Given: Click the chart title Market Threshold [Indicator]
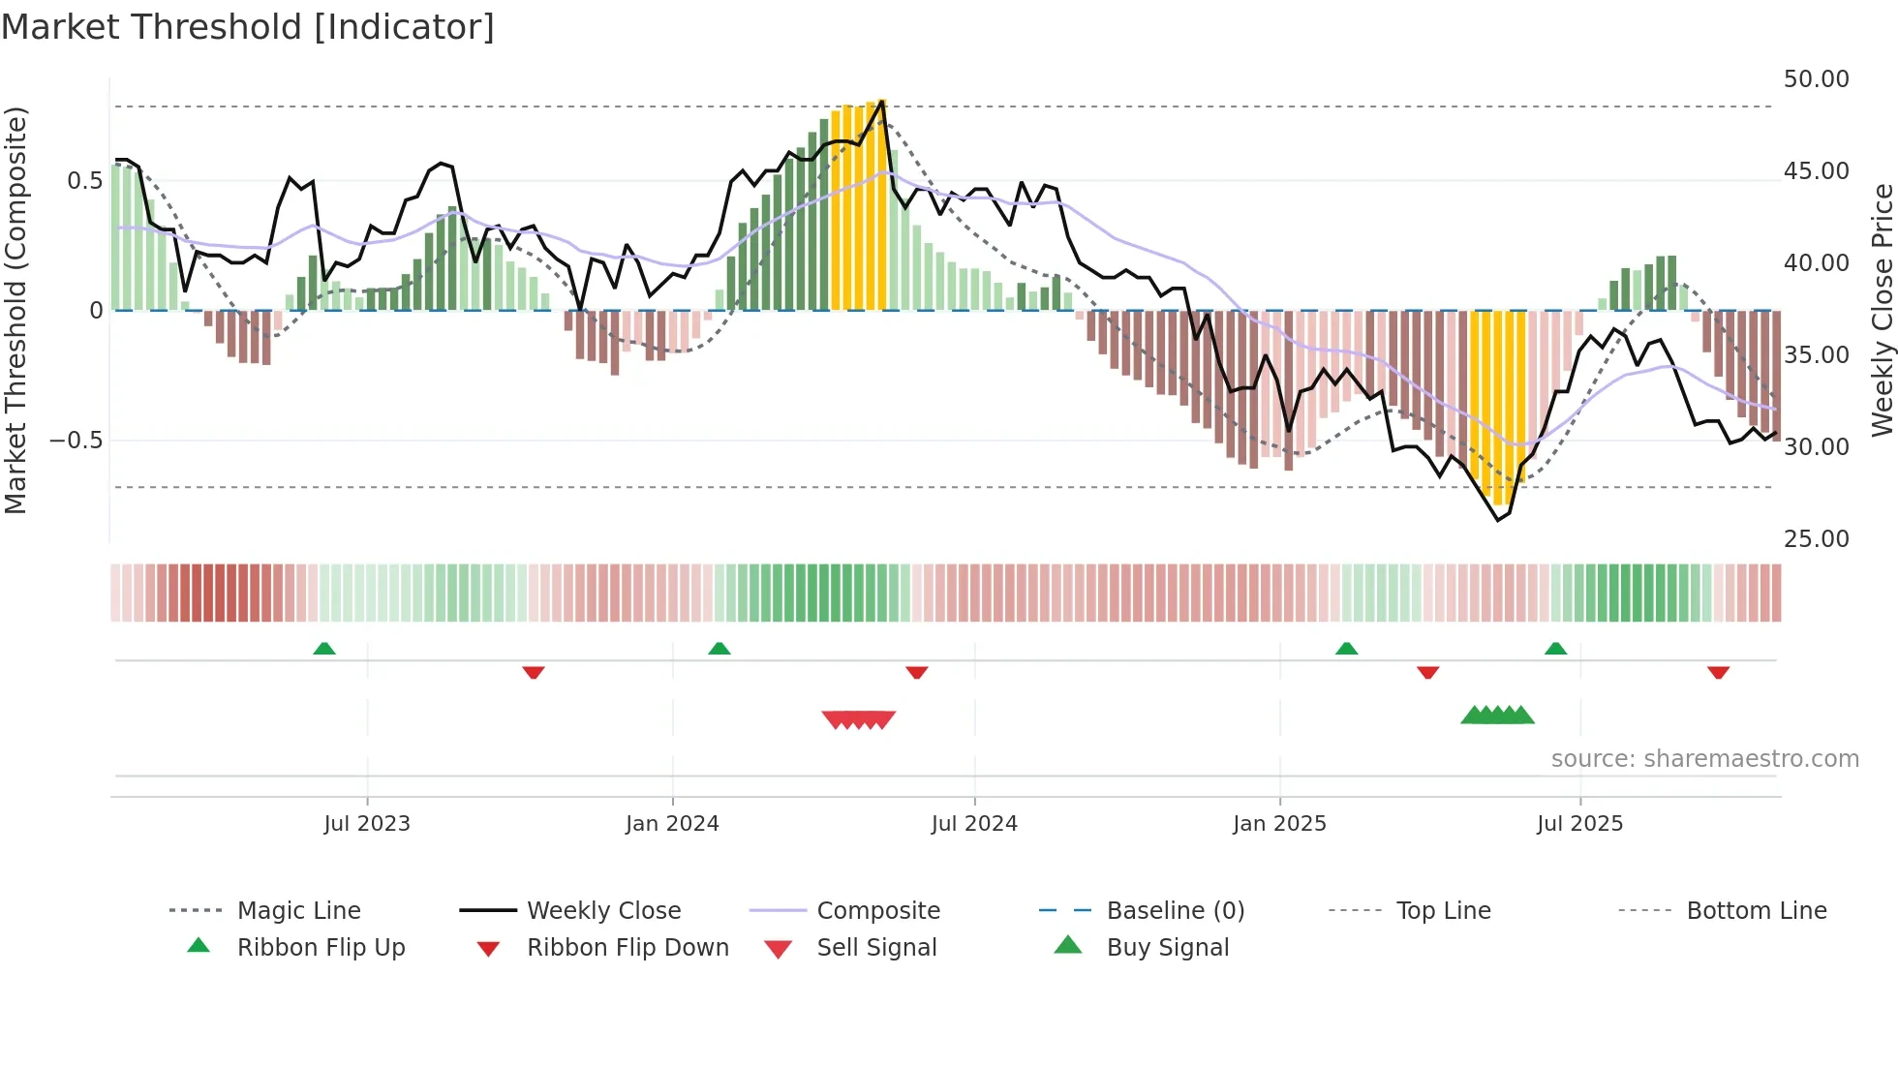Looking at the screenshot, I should click(248, 27).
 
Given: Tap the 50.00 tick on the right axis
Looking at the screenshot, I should click(1816, 79).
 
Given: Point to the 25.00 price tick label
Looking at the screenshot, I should click(1816, 539).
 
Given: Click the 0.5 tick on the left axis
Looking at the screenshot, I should click(84, 181).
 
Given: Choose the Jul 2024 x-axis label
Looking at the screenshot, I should click(974, 824).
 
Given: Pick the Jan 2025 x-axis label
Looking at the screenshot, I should click(1279, 824).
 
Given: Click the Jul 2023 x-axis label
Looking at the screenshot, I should click(367, 824).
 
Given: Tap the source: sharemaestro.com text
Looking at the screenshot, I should click(1704, 759).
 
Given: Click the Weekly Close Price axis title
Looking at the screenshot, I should click(1882, 310).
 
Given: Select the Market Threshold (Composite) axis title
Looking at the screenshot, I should click(15, 310).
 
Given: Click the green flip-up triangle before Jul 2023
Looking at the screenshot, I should click(324, 649).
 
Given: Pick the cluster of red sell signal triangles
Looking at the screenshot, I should click(858, 719).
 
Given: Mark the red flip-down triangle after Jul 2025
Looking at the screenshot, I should click(1718, 673).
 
